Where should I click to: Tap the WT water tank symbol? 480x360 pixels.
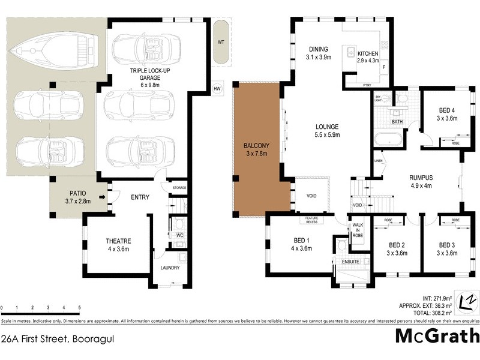point(221,43)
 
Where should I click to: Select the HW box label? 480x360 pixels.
point(217,89)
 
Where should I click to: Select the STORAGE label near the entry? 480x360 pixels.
point(179,188)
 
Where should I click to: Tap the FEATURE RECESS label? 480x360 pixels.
point(311,220)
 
